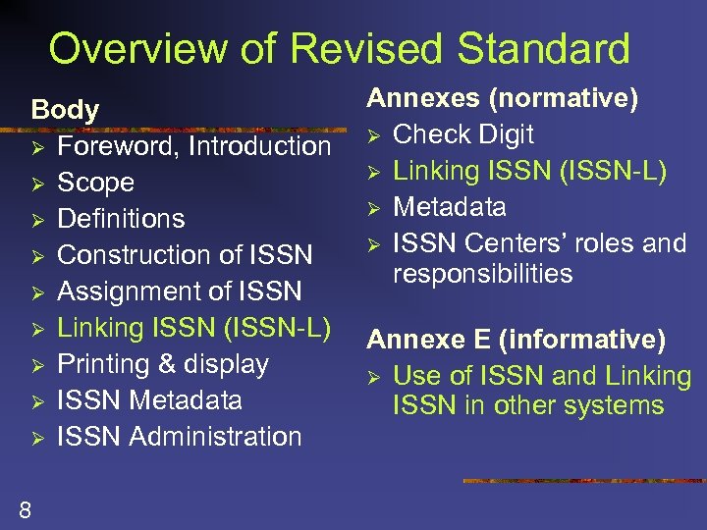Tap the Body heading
click(x=65, y=110)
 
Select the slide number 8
click(x=25, y=507)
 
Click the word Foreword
click(x=119, y=146)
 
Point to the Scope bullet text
click(x=95, y=183)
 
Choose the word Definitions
click(x=121, y=218)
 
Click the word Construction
click(x=135, y=255)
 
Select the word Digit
click(x=506, y=133)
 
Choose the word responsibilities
click(x=482, y=274)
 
